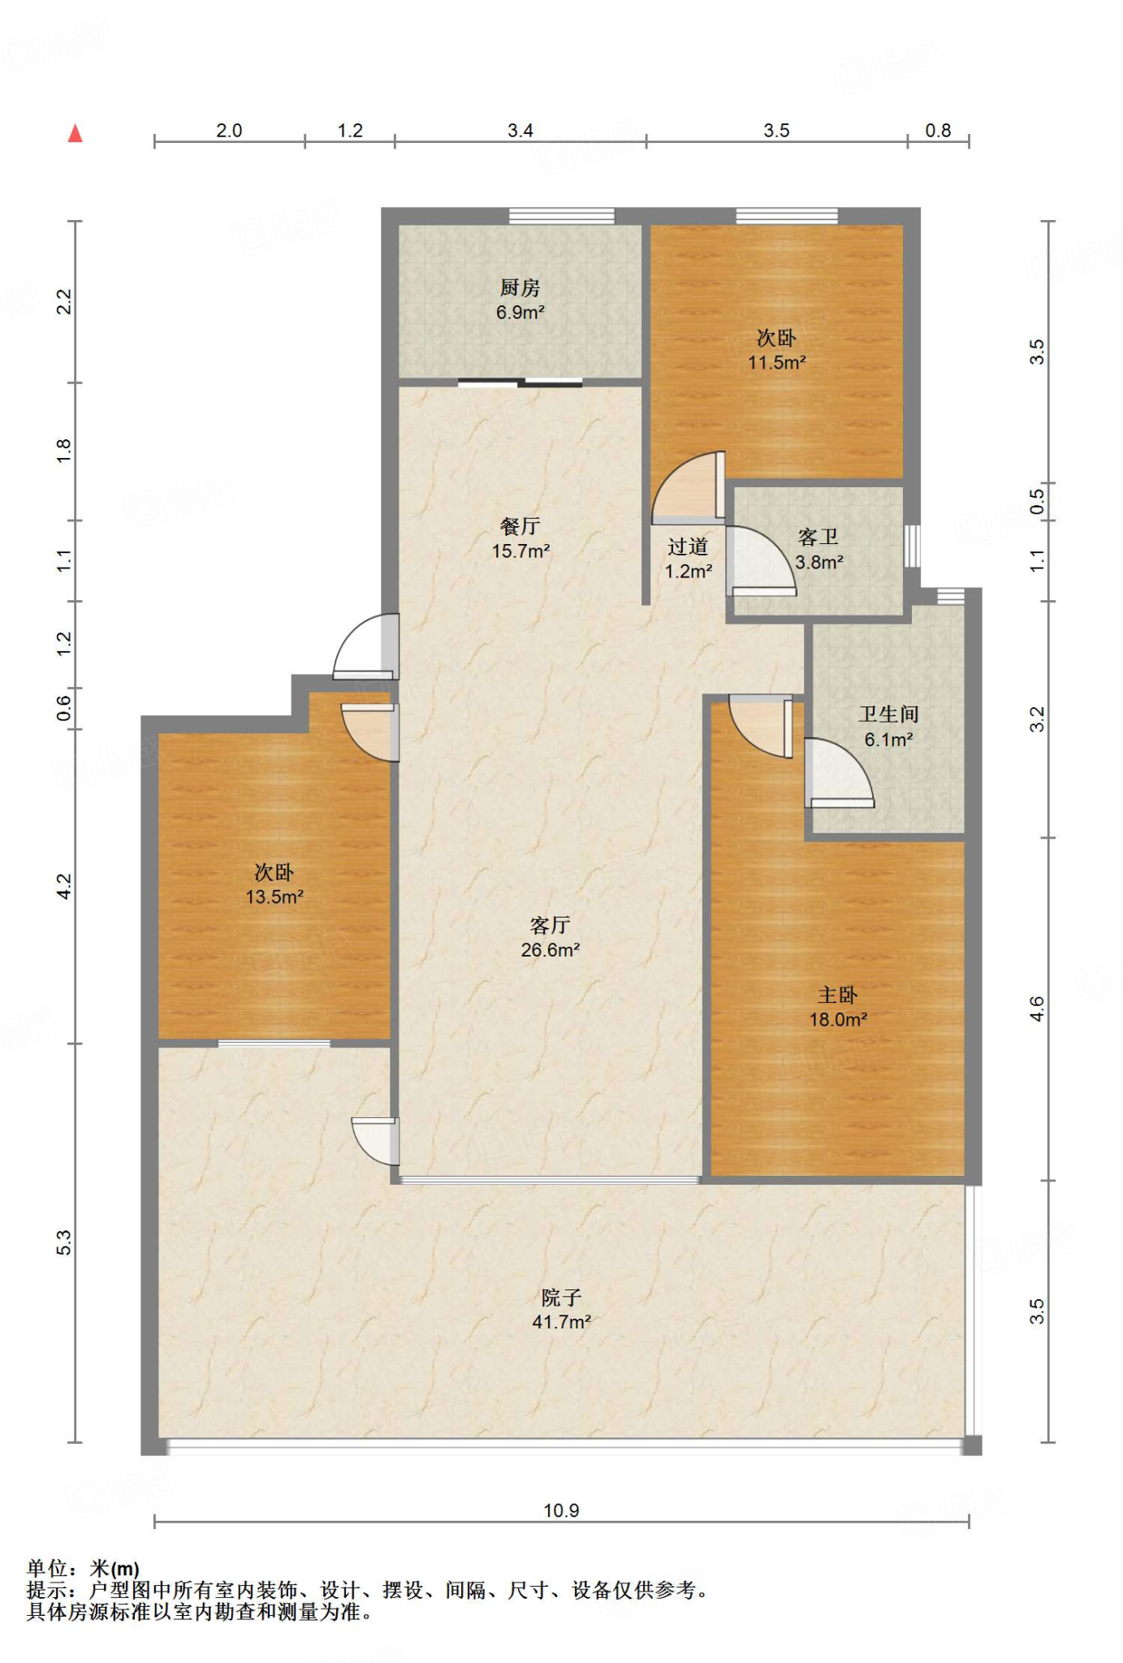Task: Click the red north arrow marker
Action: pyautogui.click(x=76, y=133)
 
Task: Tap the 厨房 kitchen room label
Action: pyautogui.click(x=520, y=287)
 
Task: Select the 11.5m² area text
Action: pyautogui.click(x=776, y=362)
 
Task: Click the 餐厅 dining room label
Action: pyautogui.click(x=520, y=526)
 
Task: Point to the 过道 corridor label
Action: pyautogui.click(x=688, y=546)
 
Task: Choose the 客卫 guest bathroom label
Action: pyautogui.click(x=818, y=537)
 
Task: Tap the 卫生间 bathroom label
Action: pyautogui.click(x=888, y=714)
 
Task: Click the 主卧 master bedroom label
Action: pyautogui.click(x=837, y=995)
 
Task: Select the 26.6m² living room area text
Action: pyautogui.click(x=550, y=949)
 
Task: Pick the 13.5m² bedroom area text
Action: pyautogui.click(x=274, y=896)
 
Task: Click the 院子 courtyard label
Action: pyautogui.click(x=561, y=1297)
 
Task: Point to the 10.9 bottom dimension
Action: pyautogui.click(x=561, y=1510)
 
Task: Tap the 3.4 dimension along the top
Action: pyautogui.click(x=520, y=130)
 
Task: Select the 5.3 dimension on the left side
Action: pyautogui.click(x=64, y=1242)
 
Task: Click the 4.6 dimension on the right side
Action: pyautogui.click(x=1037, y=1009)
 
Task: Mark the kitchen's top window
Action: pyautogui.click(x=561, y=216)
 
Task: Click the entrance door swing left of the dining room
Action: pyautogui.click(x=366, y=646)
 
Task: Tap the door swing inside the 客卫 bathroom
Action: pyautogui.click(x=761, y=561)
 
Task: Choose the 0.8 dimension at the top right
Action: pyautogui.click(x=938, y=130)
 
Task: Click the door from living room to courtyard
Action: pyautogui.click(x=375, y=1142)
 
